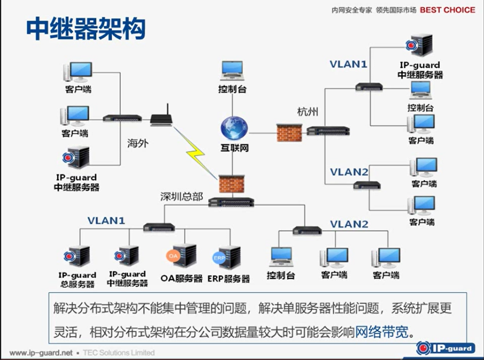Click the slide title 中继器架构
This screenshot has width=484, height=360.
[x=86, y=29]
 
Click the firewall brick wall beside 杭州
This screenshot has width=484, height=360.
[x=289, y=132]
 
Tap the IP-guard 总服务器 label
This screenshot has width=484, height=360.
[x=77, y=280]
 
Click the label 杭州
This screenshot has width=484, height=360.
[x=308, y=112]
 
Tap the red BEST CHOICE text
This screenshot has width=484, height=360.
[x=447, y=10]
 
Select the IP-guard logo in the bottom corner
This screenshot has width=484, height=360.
[x=445, y=347]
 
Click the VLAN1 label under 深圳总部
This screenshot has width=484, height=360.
[x=106, y=220]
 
